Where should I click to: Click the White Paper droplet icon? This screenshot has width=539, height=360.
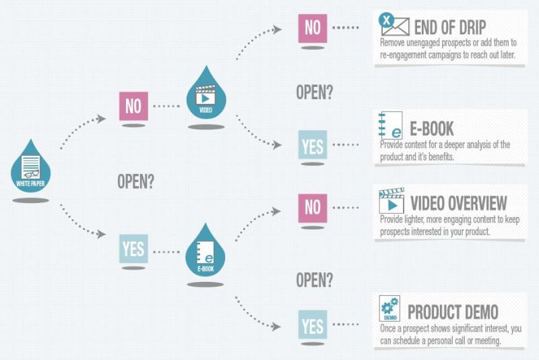(30, 167)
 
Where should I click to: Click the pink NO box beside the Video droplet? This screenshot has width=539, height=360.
(133, 106)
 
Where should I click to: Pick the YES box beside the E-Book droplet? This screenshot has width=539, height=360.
(133, 249)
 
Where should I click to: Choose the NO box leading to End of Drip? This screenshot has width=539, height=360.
(313, 28)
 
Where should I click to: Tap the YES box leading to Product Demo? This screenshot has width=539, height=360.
(313, 325)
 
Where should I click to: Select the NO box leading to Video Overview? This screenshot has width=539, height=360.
(313, 208)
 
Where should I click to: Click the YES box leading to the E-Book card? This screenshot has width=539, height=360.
(313, 145)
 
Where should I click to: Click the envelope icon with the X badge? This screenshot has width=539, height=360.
(394, 24)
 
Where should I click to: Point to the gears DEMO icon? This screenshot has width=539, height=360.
(389, 308)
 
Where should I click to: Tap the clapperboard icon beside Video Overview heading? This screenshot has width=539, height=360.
(391, 200)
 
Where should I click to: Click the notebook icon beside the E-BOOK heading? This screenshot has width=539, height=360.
(391, 125)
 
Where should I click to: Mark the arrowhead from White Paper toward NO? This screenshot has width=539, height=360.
(101, 119)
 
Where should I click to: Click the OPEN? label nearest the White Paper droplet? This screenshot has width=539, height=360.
(136, 181)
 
